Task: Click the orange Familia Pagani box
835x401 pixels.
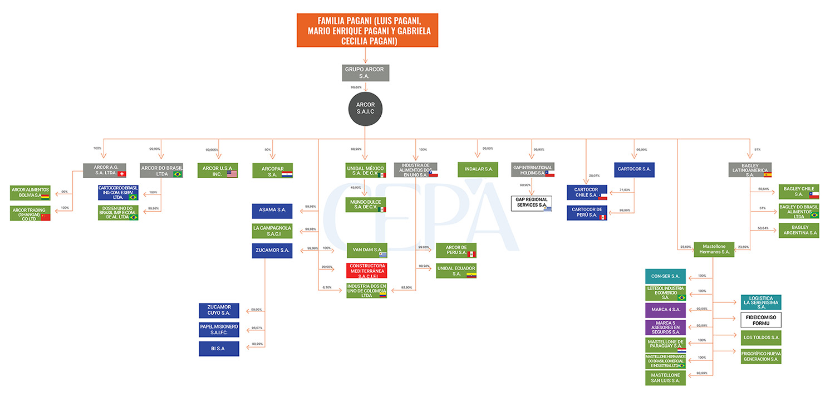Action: [367, 30]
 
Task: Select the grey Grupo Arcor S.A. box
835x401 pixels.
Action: [365, 73]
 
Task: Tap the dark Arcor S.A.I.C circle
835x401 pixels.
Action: [365, 108]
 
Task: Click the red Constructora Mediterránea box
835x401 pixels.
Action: [366, 270]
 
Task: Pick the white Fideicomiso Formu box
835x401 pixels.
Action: [760, 320]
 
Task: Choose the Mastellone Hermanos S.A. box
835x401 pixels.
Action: [714, 249]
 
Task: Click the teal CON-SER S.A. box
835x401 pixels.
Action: [665, 276]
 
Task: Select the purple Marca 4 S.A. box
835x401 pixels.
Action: [665, 310]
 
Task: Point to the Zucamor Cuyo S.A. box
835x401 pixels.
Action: [219, 310]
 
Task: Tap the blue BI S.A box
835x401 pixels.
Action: [219, 349]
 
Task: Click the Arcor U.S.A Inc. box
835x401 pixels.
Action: [218, 170]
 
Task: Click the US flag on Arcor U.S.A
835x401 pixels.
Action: [232, 174]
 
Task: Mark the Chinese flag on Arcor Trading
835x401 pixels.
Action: [46, 217]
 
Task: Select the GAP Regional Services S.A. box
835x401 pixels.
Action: [532, 203]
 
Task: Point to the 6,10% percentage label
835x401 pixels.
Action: [327, 287]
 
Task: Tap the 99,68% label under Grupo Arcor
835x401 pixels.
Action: [356, 87]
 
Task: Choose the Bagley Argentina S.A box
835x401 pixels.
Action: [798, 230]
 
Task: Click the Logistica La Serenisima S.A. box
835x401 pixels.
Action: [760, 302]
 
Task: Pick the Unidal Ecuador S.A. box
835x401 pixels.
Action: [456, 271]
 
